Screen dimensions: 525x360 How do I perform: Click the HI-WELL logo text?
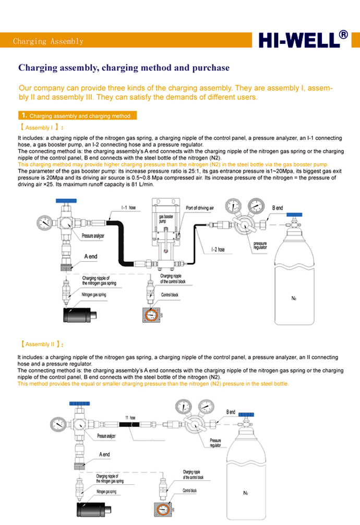[298, 41]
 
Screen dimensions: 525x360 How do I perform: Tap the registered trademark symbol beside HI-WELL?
[343, 34]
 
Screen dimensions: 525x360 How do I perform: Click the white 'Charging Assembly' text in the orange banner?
[48, 41]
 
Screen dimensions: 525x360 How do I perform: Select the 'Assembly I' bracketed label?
[41, 127]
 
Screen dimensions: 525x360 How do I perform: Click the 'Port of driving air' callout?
[200, 207]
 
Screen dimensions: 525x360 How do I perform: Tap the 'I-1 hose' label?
[128, 207]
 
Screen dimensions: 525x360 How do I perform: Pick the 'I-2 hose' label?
[218, 250]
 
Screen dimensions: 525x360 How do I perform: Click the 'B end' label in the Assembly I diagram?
[278, 207]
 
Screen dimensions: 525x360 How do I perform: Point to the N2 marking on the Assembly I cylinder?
[294, 299]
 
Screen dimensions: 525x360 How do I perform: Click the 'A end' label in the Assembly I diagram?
[90, 257]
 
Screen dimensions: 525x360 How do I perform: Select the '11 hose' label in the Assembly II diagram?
[130, 418]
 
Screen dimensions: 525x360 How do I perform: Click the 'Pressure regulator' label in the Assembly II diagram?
[215, 443]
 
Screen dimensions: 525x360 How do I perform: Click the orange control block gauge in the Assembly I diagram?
[152, 315]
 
